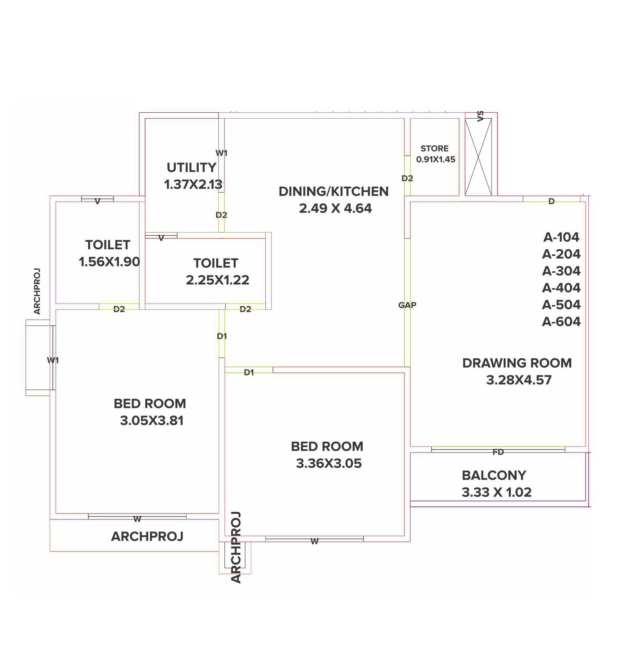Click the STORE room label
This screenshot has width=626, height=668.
(x=434, y=148)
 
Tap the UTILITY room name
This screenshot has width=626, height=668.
(x=192, y=167)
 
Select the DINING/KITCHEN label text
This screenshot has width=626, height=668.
(x=333, y=191)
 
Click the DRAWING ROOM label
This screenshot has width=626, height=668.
(x=517, y=363)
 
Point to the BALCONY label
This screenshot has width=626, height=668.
(x=494, y=475)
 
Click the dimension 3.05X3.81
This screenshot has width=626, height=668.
(x=152, y=420)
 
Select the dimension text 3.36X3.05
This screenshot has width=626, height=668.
(x=329, y=463)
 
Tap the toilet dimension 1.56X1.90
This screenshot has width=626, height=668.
(x=109, y=262)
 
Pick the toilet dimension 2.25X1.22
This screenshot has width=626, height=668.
(x=217, y=280)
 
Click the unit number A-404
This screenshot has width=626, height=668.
(x=561, y=288)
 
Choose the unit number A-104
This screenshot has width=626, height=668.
(x=561, y=237)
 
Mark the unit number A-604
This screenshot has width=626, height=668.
(x=561, y=321)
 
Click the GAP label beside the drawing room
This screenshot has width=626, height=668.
(x=407, y=305)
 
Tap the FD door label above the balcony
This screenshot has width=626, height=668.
(x=498, y=452)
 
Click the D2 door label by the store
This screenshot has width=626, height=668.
(x=407, y=178)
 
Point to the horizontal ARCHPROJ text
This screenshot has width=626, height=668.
(x=147, y=536)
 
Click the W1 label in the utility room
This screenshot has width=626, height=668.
(x=222, y=153)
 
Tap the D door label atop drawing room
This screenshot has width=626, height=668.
(x=551, y=202)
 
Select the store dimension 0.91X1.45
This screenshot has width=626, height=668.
(x=436, y=159)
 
